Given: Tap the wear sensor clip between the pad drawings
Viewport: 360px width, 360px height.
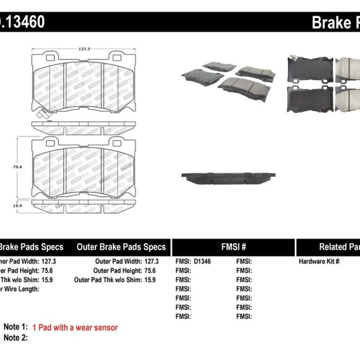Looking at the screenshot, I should (40, 116).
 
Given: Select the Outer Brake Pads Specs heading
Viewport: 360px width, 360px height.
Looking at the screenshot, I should (121, 247).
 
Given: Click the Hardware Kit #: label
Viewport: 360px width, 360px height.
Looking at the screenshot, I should (320, 261).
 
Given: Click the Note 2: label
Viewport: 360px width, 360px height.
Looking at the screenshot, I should (16, 339).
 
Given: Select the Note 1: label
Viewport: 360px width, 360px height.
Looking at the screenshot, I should (16, 327).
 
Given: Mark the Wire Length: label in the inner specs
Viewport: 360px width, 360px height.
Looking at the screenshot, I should (19, 289).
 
